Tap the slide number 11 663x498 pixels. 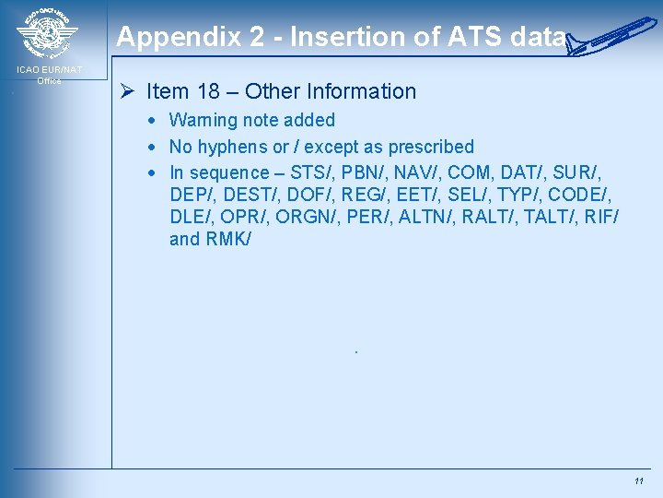tap(638, 481)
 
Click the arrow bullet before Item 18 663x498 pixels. tap(129, 91)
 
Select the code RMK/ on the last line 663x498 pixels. tap(227, 240)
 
